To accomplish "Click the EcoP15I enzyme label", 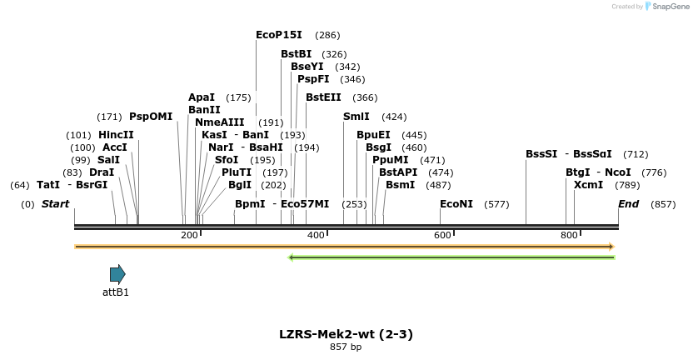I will click(279, 35).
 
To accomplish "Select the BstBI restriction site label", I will click(296, 54).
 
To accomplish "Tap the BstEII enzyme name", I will click(323, 97).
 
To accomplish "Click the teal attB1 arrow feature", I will click(117, 274).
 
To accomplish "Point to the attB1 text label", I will click(116, 292).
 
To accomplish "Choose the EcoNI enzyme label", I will click(456, 204).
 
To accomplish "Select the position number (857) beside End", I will click(663, 204).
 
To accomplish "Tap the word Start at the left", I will click(56, 204).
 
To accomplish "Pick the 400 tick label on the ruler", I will click(317, 236).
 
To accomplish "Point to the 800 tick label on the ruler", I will click(569, 236).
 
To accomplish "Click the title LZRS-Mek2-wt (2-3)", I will click(346, 334).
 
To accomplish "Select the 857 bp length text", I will click(346, 347).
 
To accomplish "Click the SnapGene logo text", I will click(671, 7).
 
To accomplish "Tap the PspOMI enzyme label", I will click(151, 117).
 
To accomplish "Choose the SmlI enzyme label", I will click(356, 117).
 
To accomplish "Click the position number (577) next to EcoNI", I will click(496, 204).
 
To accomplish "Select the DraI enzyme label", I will click(102, 172).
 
